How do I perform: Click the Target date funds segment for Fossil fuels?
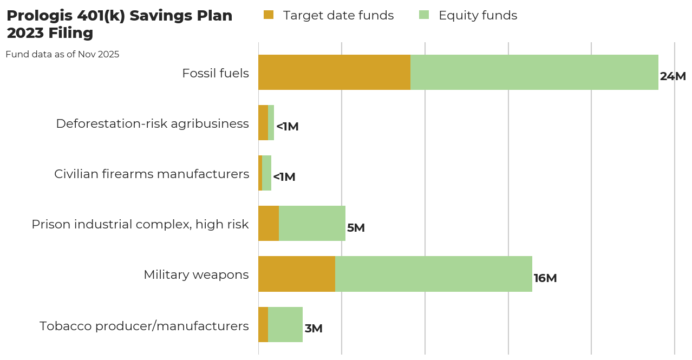click(334, 72)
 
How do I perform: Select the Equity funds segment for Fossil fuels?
click(534, 72)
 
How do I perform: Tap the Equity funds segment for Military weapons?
click(433, 274)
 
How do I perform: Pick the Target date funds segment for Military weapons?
click(297, 274)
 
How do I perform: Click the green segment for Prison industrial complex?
click(312, 223)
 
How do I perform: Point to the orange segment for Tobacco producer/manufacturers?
click(263, 324)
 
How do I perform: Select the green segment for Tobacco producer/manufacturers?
click(285, 324)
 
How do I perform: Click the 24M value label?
click(673, 76)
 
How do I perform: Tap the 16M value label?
click(545, 278)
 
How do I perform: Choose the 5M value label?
click(356, 228)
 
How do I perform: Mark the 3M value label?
click(314, 329)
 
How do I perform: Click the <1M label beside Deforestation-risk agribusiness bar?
click(288, 127)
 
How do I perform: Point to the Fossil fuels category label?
click(216, 73)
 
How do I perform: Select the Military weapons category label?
click(196, 274)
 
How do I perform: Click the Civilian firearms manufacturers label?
click(152, 174)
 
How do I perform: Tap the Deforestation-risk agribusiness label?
click(152, 123)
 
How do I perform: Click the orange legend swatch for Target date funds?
click(269, 15)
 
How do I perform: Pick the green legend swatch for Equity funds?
click(424, 15)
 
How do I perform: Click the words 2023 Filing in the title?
click(50, 33)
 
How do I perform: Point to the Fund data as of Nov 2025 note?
click(62, 54)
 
